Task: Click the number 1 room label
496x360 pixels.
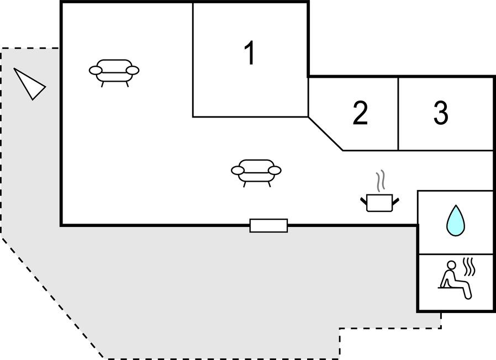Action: click(x=250, y=53)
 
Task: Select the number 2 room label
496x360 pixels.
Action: click(x=360, y=113)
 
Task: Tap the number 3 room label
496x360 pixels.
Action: click(x=441, y=113)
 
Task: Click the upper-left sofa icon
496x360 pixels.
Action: click(x=114, y=73)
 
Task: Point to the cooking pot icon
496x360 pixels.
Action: click(x=379, y=203)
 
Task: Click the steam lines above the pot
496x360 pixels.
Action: click(x=381, y=181)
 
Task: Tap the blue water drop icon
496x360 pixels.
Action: click(x=456, y=220)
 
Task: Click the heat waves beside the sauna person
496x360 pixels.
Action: click(x=469, y=267)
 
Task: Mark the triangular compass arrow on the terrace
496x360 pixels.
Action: click(x=29, y=84)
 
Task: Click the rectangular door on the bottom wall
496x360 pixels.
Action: click(x=268, y=226)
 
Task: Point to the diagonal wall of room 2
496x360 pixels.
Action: click(x=325, y=134)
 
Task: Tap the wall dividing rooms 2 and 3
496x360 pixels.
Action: click(x=398, y=114)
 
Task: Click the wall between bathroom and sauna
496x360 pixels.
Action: click(x=456, y=253)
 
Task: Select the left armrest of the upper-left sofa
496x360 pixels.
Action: click(x=96, y=70)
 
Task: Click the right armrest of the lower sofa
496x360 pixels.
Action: click(x=275, y=171)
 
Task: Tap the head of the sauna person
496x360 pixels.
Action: click(x=452, y=264)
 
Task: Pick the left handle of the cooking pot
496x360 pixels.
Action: click(x=363, y=200)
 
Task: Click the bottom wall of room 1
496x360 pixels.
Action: click(x=251, y=117)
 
